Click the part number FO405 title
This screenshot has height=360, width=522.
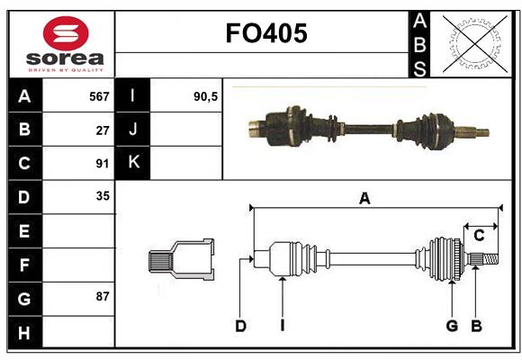click(266, 34)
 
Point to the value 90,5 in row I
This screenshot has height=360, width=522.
click(206, 95)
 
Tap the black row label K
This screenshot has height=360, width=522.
click(133, 162)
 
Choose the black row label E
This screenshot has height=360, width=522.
click(24, 231)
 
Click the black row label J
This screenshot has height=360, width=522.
click(133, 129)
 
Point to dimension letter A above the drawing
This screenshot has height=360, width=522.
click(364, 199)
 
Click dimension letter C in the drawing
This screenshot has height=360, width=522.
click(480, 235)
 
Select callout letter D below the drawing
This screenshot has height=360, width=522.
click(240, 326)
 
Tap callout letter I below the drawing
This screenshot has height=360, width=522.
click(282, 326)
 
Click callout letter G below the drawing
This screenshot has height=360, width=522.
click(453, 326)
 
